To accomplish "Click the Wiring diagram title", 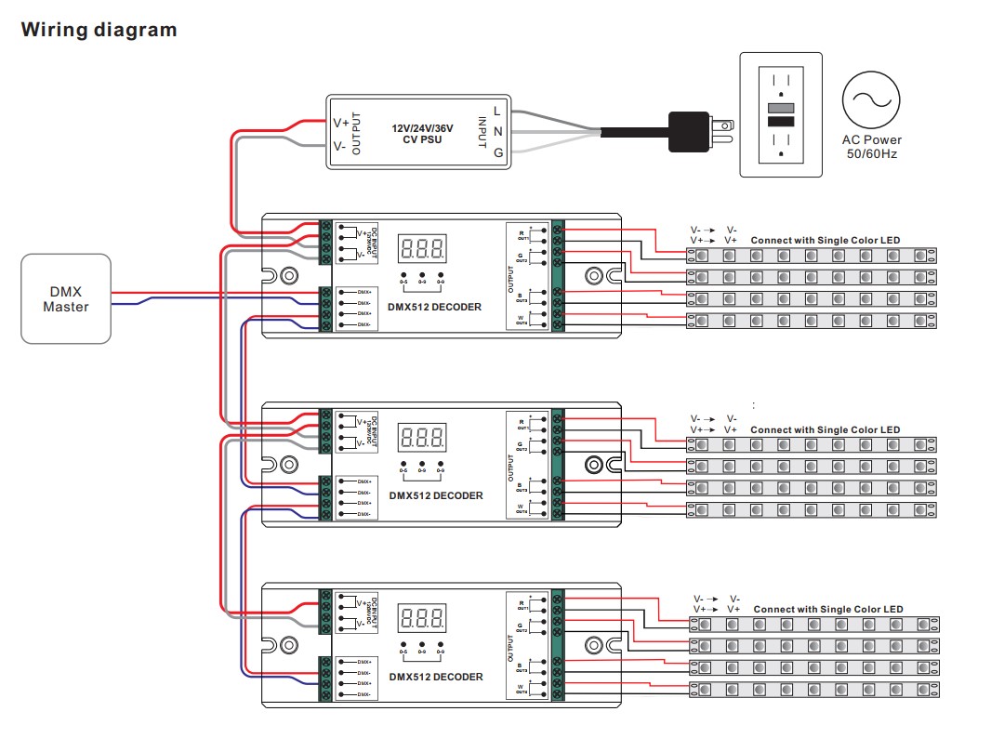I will click(x=99, y=30).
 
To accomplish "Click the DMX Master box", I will click(x=66, y=298).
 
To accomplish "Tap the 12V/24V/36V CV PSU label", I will click(x=416, y=133).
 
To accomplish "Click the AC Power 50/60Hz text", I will click(x=871, y=147).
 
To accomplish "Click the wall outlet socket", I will click(x=780, y=114).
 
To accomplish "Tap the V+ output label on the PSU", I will click(x=341, y=123).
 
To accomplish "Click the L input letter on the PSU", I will click(x=498, y=111).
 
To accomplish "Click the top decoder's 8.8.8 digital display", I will click(x=422, y=248).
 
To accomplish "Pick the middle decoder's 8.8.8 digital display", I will click(x=422, y=437).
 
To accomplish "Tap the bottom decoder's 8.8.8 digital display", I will click(x=422, y=618).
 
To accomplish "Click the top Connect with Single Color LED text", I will click(x=825, y=241).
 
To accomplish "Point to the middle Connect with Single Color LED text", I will click(x=825, y=430).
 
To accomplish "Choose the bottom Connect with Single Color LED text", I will click(x=827, y=610).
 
